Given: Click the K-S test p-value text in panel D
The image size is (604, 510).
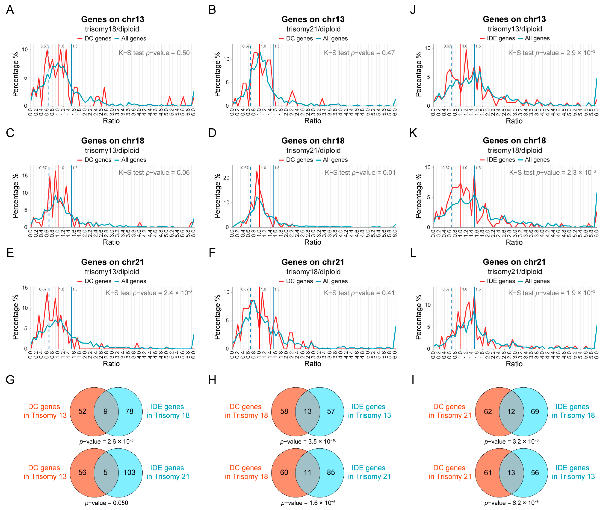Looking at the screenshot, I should click(x=360, y=173).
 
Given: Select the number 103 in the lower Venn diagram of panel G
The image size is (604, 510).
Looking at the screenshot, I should click(x=129, y=472).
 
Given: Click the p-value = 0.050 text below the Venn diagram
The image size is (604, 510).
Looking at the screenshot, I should click(x=106, y=503).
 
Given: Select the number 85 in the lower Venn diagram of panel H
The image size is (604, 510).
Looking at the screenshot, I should click(x=331, y=472).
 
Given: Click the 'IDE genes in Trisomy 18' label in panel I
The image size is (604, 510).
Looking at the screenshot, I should click(x=573, y=411).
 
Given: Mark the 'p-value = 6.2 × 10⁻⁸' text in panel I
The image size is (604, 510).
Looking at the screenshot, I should click(x=511, y=503).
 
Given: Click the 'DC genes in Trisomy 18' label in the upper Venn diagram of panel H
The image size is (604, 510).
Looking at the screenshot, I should click(x=246, y=411).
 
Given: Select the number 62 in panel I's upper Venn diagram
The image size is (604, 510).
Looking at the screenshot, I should click(x=488, y=411).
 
